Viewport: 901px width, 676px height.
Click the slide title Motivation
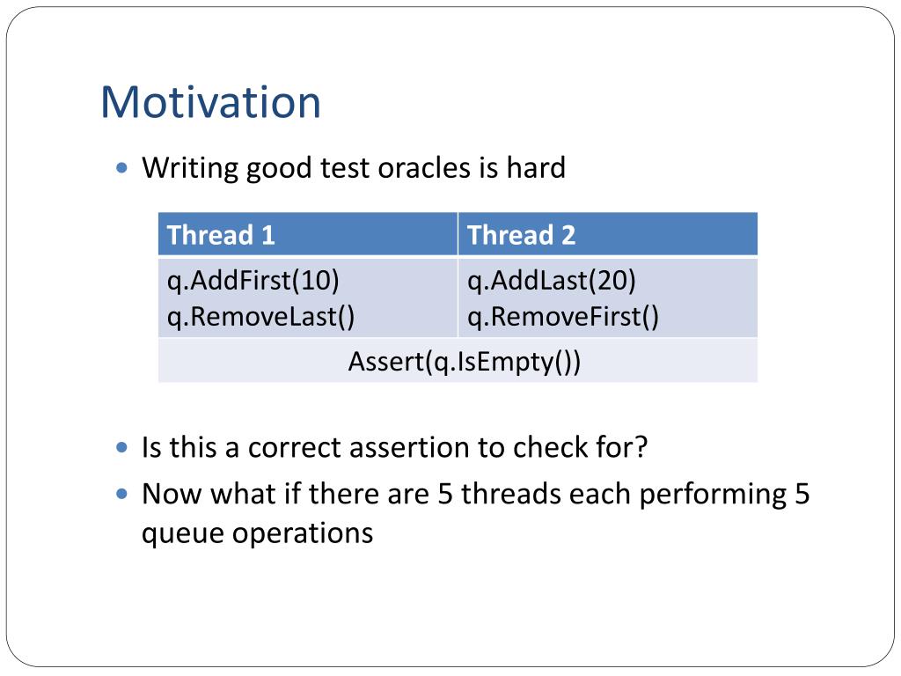[x=210, y=102]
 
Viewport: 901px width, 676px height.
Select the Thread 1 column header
[x=221, y=235]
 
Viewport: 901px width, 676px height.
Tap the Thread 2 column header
[x=521, y=235]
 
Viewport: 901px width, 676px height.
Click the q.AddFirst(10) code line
[x=253, y=281]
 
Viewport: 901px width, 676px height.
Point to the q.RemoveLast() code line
[x=260, y=317]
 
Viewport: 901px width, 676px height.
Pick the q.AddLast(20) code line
[x=552, y=281]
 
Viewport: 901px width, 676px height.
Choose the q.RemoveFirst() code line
[x=563, y=317]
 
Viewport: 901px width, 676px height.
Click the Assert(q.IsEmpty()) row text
[x=465, y=362]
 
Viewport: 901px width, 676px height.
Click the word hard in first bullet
[x=536, y=168]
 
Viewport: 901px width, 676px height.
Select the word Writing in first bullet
[x=190, y=169]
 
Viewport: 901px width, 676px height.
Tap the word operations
[x=303, y=534]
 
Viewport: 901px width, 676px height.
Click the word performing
[x=713, y=495]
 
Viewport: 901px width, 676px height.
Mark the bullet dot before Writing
[x=121, y=168]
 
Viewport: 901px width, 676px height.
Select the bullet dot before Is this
[x=121, y=447]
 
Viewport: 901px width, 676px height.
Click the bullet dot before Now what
[x=121, y=494]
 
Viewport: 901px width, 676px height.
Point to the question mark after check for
[x=641, y=447]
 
